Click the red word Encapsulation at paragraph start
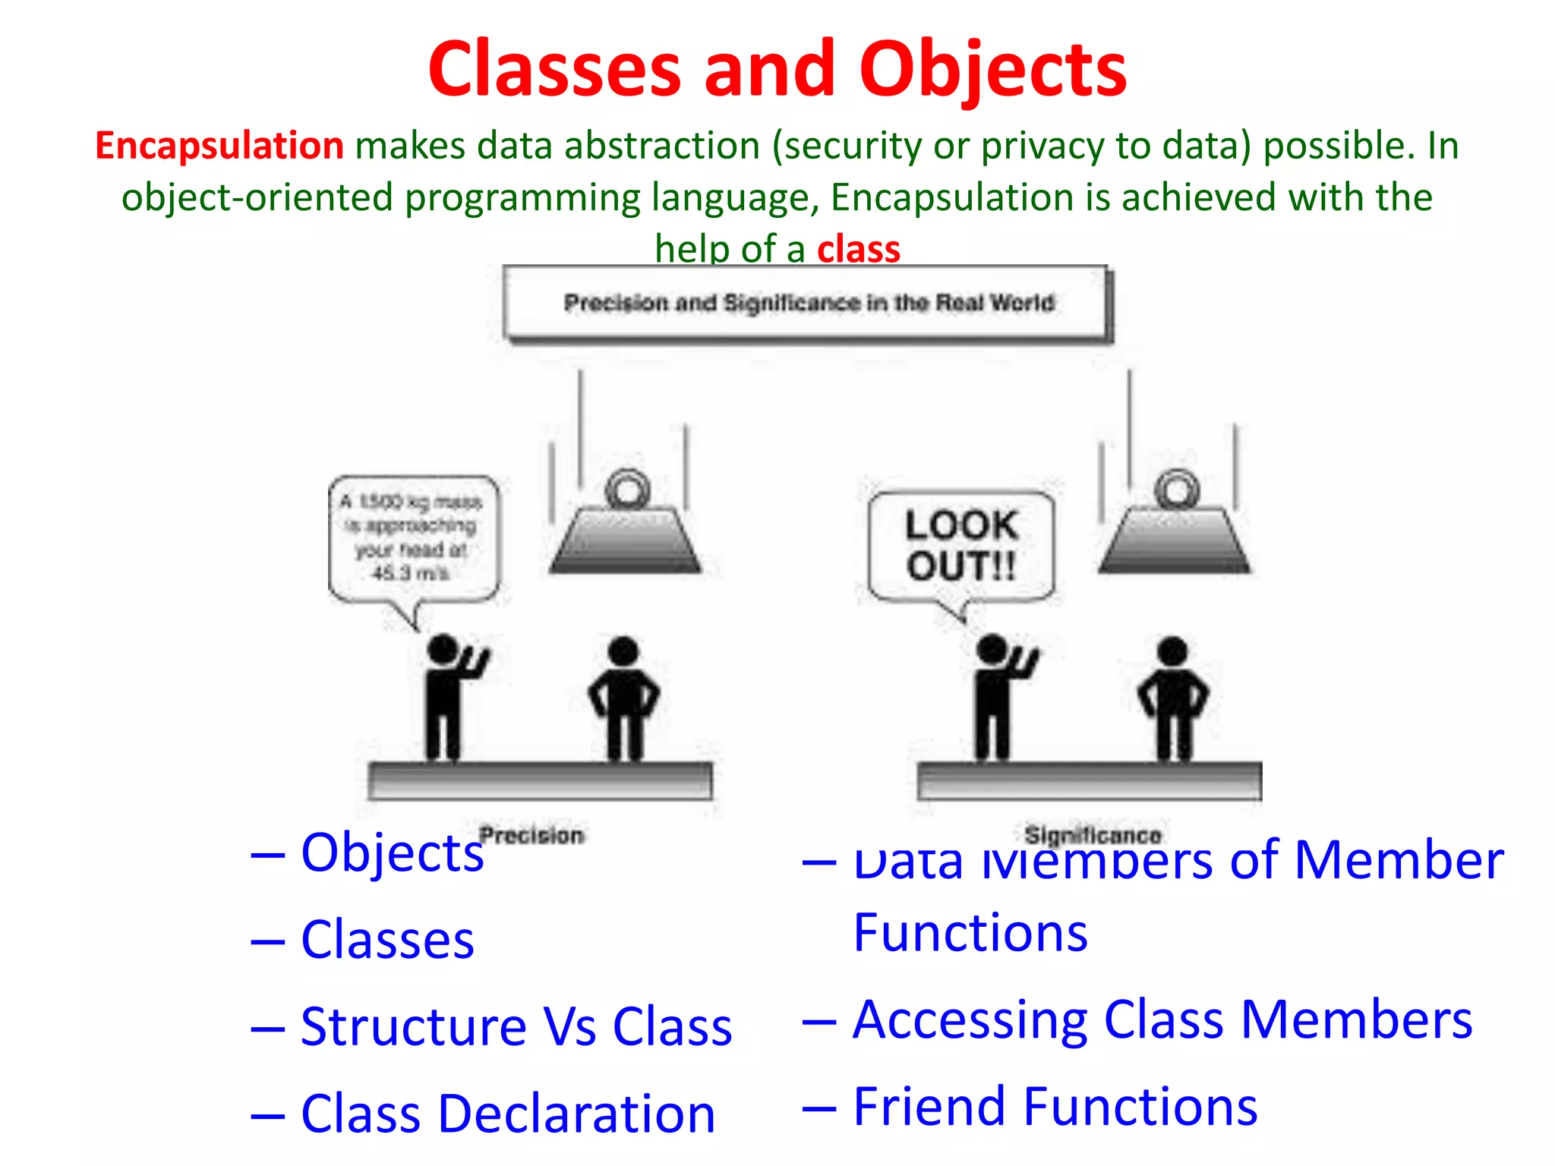click(x=219, y=145)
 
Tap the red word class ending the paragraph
click(x=858, y=249)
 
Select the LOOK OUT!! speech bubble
click(x=961, y=546)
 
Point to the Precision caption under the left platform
click(x=531, y=835)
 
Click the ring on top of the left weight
click(x=627, y=490)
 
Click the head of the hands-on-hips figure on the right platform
click(x=1172, y=651)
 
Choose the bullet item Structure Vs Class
click(x=516, y=1026)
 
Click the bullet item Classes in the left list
click(x=387, y=940)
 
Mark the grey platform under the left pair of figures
click(x=540, y=781)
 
